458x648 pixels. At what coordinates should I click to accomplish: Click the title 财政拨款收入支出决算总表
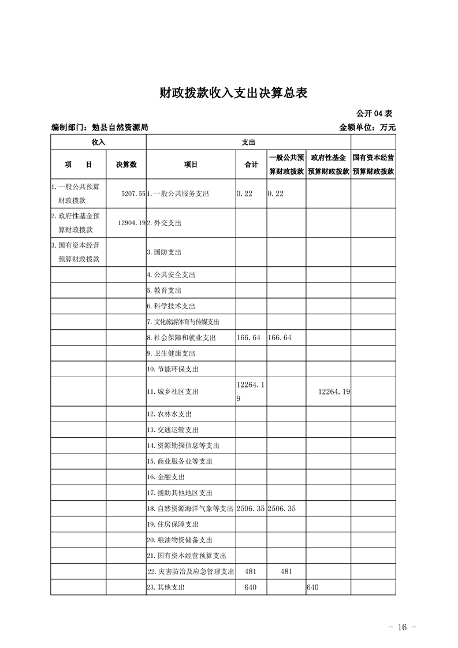229,93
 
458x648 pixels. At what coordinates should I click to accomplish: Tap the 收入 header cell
98,142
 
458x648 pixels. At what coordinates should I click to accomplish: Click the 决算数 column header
126,165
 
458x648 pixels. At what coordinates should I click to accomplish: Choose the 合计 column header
251,165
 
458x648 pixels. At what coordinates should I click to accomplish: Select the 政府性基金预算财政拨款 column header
328,165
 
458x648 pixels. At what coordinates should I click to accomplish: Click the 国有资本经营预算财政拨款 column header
373,165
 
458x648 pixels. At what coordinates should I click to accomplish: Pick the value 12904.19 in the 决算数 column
131,223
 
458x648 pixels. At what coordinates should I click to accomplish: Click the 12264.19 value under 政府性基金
334,392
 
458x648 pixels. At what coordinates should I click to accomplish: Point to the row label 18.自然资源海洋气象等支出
190,509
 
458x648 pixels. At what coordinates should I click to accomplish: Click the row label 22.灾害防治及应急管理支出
190,572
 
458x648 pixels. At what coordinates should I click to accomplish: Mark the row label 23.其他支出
167,587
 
